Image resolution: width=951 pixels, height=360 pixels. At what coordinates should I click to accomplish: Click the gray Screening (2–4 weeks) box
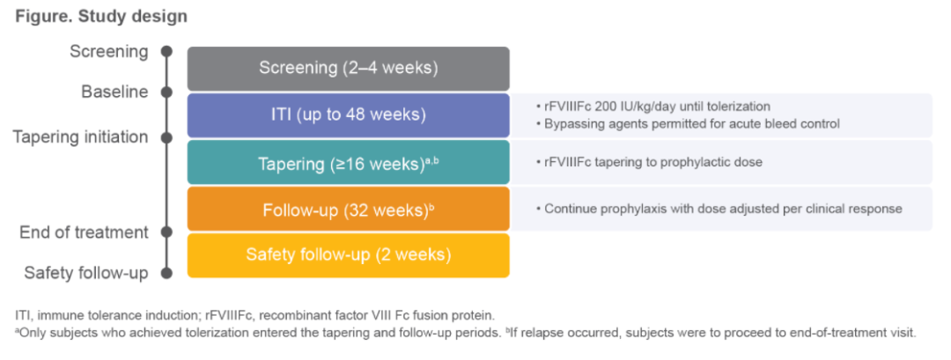348,68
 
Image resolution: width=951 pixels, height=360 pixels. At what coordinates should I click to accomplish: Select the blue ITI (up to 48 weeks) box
348,114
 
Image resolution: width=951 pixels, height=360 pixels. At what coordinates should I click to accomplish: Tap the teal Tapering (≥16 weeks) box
348,162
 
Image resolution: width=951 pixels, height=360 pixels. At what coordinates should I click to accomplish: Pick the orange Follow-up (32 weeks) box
348,209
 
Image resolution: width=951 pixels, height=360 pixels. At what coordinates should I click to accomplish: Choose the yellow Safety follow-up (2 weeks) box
348,255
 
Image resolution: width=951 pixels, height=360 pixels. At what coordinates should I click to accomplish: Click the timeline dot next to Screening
166,51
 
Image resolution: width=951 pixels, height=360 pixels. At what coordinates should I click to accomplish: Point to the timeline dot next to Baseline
166,92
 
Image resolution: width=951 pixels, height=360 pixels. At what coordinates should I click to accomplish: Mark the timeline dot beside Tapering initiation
166,137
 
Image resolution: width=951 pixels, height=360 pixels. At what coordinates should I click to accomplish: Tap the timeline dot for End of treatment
166,232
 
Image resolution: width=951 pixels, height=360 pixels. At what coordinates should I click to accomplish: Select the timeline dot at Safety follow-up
166,273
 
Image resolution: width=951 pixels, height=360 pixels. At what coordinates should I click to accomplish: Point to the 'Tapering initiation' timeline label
80,137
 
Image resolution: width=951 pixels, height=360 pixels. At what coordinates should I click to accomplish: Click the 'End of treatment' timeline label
84,232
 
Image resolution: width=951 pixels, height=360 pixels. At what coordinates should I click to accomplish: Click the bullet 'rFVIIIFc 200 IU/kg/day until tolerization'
657,107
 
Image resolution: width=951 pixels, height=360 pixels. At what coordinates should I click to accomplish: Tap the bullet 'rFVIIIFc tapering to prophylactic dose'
652,163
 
